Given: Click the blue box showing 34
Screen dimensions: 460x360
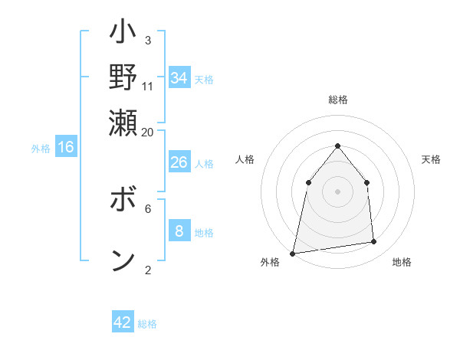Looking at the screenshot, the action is (x=179, y=77).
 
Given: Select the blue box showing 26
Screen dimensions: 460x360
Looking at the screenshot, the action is (x=179, y=162).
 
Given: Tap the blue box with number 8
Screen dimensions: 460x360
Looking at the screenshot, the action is (x=179, y=231).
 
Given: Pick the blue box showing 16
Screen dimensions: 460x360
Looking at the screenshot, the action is (x=66, y=147).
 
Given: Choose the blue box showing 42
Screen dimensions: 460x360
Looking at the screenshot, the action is (x=123, y=322).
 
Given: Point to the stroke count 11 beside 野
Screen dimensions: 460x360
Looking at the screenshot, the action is (x=148, y=86).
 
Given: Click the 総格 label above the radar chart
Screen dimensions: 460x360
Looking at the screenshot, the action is (x=337, y=100).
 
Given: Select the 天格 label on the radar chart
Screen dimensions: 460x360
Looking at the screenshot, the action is (x=431, y=159).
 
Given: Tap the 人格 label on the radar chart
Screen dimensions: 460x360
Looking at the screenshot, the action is (x=245, y=159).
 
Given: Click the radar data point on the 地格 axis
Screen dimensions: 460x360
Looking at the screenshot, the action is (x=374, y=242).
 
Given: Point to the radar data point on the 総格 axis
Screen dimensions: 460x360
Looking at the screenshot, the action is (x=337, y=146).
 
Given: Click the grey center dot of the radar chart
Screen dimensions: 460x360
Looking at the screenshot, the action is (x=337, y=191).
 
